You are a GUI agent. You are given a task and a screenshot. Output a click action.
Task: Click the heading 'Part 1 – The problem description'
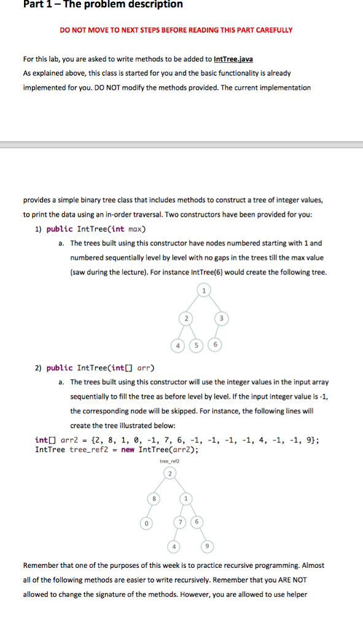pyautogui.click(x=103, y=5)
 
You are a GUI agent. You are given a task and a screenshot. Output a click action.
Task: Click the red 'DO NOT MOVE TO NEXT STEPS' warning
pyautogui.click(x=176, y=30)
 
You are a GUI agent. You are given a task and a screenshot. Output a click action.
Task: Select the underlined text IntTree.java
pyautogui.click(x=233, y=59)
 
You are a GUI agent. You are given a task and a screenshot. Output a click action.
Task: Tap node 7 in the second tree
pyautogui.click(x=182, y=522)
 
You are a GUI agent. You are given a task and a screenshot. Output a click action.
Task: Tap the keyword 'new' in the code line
pyautogui.click(x=128, y=449)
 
